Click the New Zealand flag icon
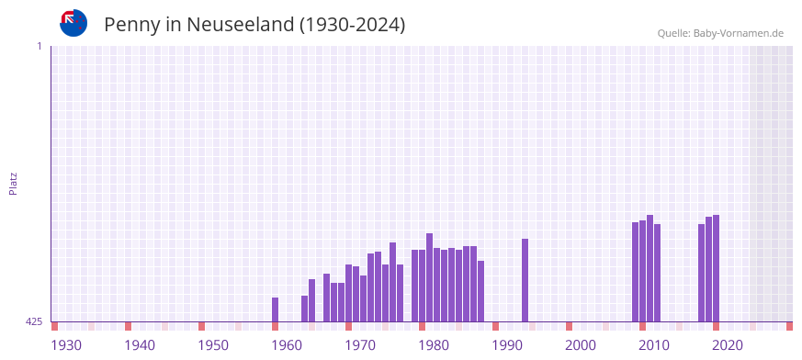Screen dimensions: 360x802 [73, 23]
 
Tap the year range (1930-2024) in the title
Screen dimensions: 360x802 [352, 25]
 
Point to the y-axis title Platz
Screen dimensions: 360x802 [13, 183]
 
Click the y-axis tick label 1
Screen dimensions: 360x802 [39, 46]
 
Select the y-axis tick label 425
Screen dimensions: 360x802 [34, 321]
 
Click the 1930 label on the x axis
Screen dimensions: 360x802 [66, 345]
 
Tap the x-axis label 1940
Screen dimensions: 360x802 [140, 345]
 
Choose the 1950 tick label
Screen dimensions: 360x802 [213, 345]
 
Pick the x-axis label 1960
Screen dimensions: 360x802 [287, 345]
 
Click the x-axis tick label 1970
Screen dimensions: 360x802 [360, 345]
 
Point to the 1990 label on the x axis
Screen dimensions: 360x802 [507, 345]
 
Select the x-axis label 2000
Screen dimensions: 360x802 [581, 345]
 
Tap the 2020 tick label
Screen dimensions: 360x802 [728, 345]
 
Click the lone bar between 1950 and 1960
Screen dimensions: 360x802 [275, 309]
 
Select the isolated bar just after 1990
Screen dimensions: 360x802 [525, 280]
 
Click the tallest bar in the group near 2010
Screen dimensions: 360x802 [650, 268]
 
